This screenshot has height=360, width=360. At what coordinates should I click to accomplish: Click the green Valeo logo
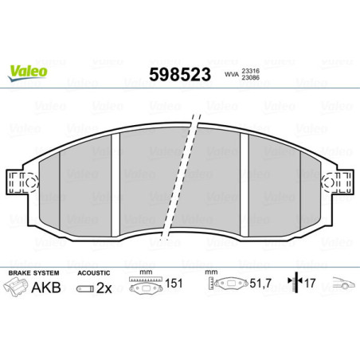(x=28, y=72)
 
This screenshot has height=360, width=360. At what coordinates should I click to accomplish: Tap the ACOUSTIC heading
(x=94, y=272)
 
